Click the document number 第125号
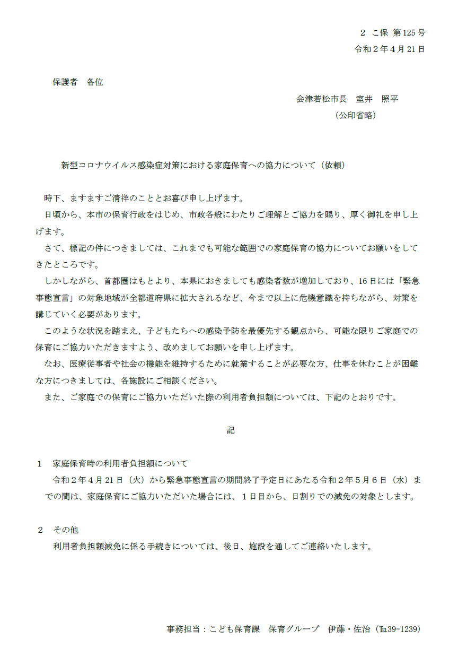coord(409,33)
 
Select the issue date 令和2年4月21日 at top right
coord(390,49)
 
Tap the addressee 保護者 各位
coord(77,82)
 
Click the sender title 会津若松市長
coord(322,99)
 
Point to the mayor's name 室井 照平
coord(377,99)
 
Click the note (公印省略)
coord(355,115)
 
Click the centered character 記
coord(231,430)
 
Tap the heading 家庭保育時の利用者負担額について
coord(120,463)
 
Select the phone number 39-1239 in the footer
coord(404,629)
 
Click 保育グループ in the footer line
coord(294,629)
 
